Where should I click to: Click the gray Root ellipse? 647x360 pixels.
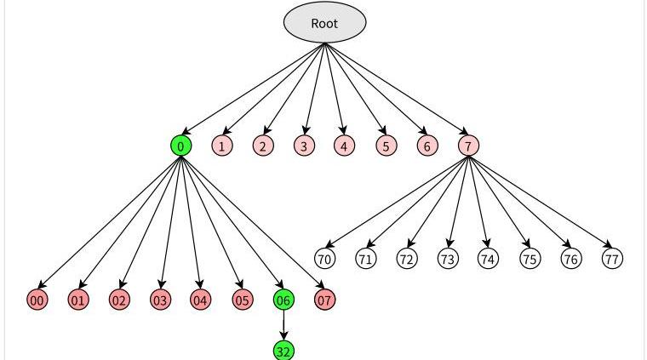324,23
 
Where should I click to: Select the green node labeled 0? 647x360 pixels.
180,146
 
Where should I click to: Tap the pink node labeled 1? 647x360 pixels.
221,146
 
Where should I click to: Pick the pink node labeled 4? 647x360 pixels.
344,146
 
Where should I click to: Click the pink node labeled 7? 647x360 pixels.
468,146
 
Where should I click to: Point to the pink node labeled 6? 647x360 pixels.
427,146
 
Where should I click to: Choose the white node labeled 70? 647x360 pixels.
324,258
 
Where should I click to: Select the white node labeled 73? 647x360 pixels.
448,258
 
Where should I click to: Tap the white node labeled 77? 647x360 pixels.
612,258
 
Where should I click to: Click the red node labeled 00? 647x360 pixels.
37,300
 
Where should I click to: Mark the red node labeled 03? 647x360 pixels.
160,300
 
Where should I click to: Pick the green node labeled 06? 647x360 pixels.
283,300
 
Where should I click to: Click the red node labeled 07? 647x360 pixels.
324,300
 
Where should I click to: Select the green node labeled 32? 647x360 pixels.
283,350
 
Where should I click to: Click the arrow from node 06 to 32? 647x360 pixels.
283,325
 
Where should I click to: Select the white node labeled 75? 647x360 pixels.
530,258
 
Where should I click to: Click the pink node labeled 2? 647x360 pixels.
263,146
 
